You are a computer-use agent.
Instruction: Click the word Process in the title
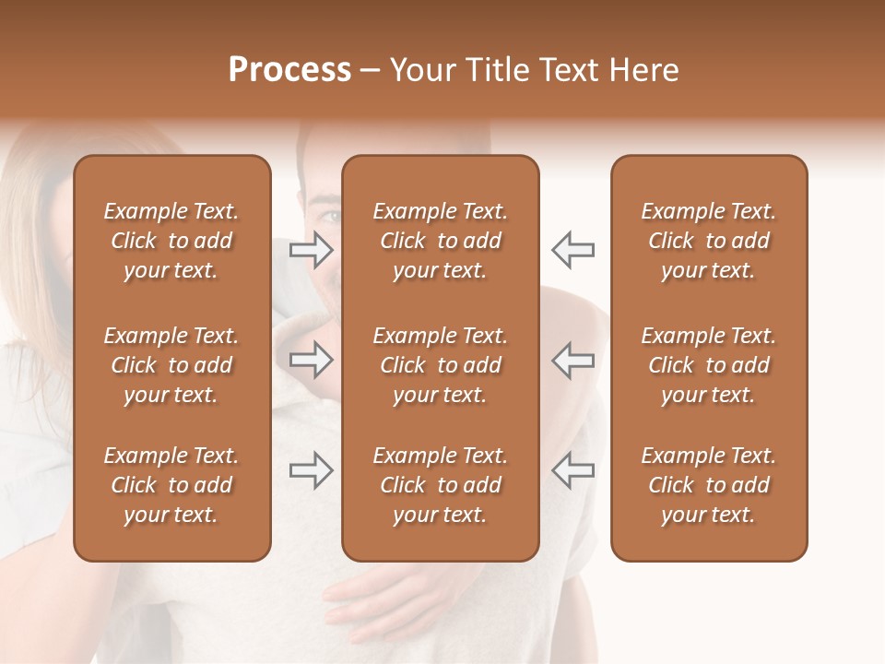tap(289, 70)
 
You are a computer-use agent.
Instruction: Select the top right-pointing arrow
tap(312, 250)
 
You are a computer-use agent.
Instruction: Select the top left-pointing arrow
tap(572, 250)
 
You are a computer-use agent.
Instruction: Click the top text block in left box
tap(171, 241)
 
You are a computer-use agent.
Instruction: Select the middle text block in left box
tap(171, 365)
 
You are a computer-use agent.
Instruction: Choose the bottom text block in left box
tap(171, 485)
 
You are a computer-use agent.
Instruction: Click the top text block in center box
tap(440, 241)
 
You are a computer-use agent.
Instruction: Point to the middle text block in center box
tap(440, 365)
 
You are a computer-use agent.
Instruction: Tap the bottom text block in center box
tap(440, 485)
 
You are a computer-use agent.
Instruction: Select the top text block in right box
tap(708, 241)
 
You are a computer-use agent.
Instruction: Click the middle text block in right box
tap(708, 365)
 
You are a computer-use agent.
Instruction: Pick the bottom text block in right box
tap(708, 485)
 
